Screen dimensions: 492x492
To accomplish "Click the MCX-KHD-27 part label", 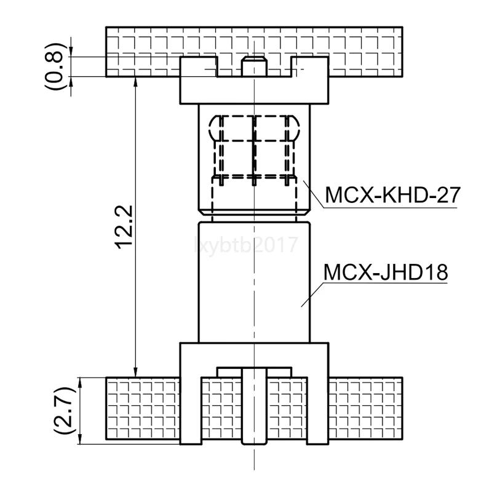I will [392, 196].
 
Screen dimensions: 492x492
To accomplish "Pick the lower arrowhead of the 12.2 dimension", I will [136, 372].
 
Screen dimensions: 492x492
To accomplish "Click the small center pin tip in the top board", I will [253, 64].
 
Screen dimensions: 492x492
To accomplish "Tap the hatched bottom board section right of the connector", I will [366, 409].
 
